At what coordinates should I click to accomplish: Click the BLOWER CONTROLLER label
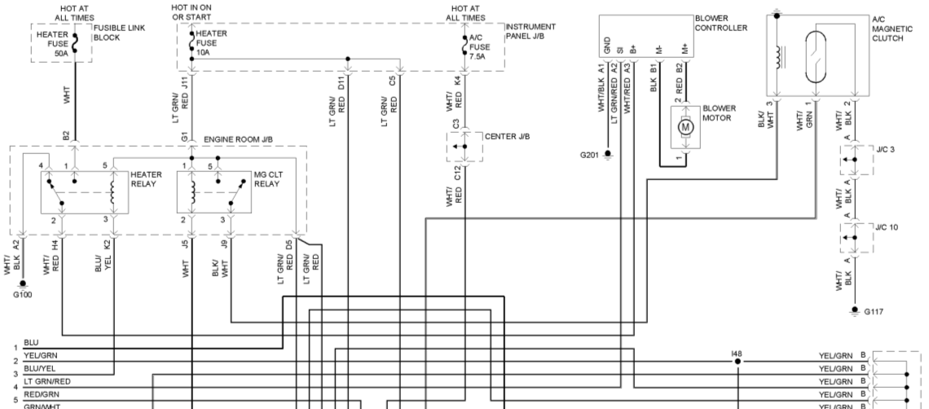(x=720, y=23)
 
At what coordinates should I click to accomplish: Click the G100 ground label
(x=22, y=295)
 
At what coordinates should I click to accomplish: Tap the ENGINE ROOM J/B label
(x=236, y=140)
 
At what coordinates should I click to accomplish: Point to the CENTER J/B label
(x=507, y=135)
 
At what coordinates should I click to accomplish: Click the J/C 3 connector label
(x=886, y=149)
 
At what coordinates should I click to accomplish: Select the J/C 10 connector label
(x=888, y=226)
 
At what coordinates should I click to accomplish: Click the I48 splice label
(x=737, y=354)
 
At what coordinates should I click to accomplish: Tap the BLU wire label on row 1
(x=31, y=343)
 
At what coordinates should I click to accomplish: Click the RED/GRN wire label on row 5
(x=40, y=393)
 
